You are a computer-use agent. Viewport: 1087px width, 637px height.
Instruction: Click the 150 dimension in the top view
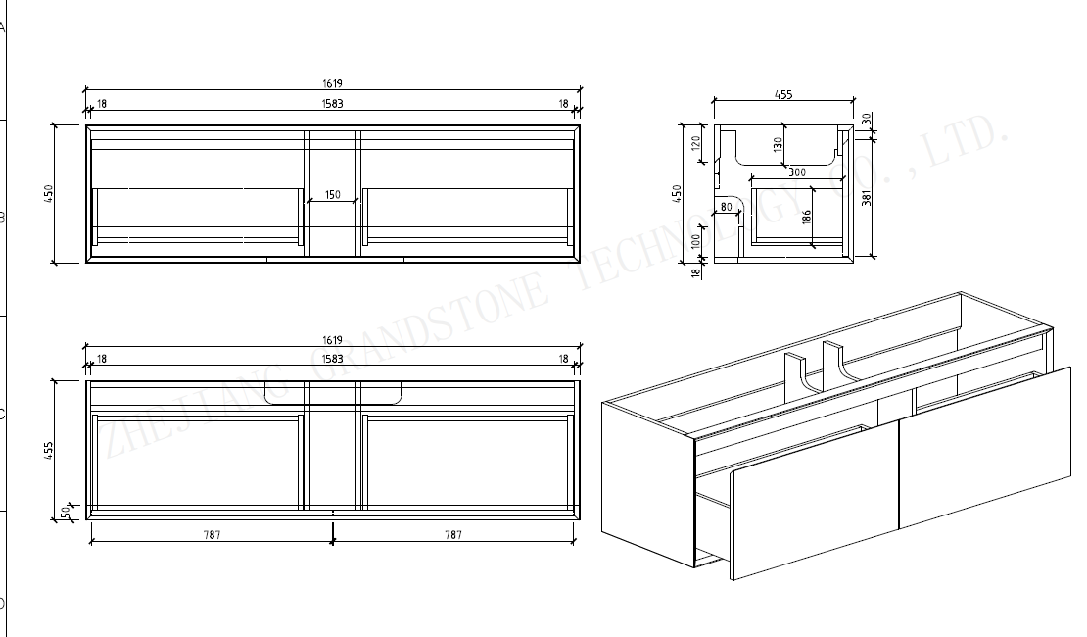332,195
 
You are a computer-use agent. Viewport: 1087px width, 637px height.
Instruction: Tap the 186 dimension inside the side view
806,218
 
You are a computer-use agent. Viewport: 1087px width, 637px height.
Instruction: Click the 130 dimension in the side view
778,143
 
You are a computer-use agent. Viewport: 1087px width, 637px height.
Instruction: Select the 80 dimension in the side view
726,207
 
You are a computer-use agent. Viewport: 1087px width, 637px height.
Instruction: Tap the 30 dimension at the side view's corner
866,118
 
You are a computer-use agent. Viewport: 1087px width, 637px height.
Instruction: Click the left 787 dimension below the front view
212,535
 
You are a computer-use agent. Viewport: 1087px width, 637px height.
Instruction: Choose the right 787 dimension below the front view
453,535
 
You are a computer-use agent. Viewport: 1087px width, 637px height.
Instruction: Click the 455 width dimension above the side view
783,95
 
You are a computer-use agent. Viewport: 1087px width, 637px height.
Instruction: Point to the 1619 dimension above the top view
332,84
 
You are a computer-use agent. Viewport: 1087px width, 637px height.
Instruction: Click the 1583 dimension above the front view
332,360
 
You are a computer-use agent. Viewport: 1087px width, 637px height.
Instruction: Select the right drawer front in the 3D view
984,446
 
